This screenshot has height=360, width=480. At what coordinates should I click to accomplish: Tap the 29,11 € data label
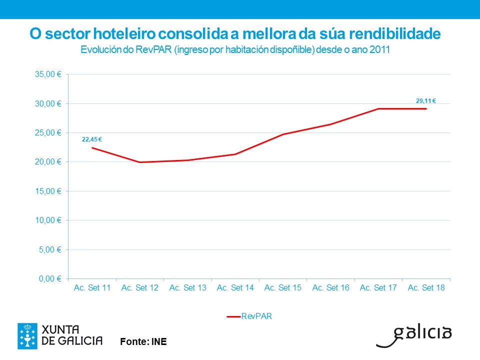coord(426,101)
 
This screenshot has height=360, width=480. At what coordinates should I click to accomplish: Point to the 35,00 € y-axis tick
coord(48,74)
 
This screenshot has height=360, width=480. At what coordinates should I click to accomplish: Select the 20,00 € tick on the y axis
coord(48,162)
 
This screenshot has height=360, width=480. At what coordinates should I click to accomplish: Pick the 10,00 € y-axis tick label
coord(48,220)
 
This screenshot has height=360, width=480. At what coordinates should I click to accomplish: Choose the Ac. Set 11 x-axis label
coord(92,288)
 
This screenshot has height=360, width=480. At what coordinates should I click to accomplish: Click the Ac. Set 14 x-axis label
coord(235,288)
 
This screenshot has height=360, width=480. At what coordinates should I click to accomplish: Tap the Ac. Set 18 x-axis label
coord(426,288)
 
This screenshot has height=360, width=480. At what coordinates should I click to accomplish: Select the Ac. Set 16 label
coord(331,288)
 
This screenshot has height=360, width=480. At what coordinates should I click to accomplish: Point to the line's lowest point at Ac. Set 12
coord(140,162)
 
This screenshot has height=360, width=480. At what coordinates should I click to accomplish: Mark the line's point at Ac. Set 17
coord(378,108)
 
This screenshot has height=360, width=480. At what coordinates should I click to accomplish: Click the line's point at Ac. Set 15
coord(283,134)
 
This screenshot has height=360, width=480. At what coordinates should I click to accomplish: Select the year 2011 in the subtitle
coord(380,50)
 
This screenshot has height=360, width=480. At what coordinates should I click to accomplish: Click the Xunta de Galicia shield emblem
coord(27,335)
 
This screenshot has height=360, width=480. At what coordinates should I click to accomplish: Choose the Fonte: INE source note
coord(143,342)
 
